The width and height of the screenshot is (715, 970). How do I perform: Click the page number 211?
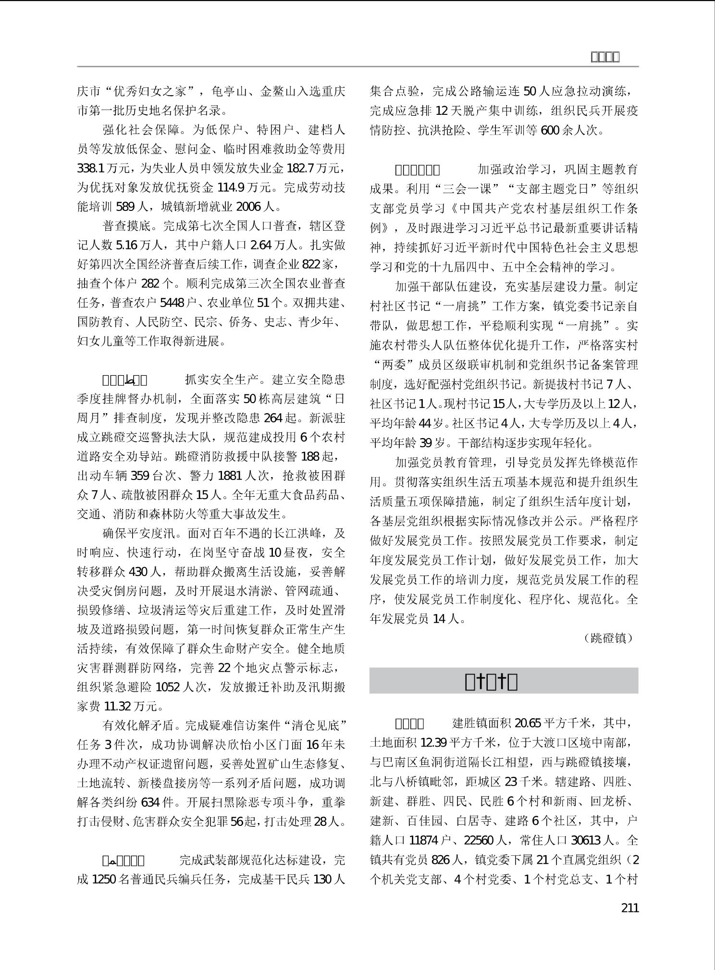coord(629,908)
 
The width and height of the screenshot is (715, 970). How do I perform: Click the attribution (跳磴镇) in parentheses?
coord(609,638)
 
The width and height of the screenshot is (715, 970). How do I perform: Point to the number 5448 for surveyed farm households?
coord(172,303)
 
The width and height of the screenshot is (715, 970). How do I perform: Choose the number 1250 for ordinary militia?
coord(102,879)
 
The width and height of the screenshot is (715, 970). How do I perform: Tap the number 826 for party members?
coord(441,859)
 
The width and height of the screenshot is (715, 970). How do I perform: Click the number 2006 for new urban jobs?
coord(248,207)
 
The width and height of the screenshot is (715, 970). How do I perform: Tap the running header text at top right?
coord(604,57)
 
